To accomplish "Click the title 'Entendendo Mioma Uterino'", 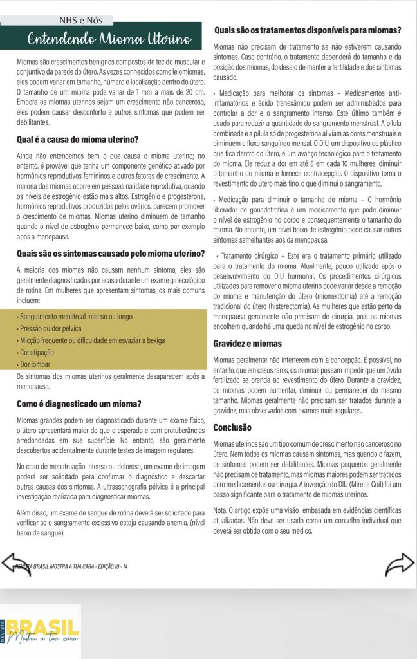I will (108, 39).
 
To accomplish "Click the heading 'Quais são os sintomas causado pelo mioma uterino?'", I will (110, 253).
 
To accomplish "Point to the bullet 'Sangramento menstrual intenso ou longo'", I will (75, 317).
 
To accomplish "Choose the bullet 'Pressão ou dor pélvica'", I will (52, 329).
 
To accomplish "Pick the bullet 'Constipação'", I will (39, 353).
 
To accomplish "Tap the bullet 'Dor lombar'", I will (37, 364).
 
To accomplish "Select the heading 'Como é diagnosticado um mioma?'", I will (79, 404).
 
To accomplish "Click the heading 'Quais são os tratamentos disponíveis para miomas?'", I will (308, 30).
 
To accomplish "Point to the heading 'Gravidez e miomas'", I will (247, 343).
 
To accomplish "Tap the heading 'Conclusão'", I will (232, 427).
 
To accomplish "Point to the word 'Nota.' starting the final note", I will (222, 510).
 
